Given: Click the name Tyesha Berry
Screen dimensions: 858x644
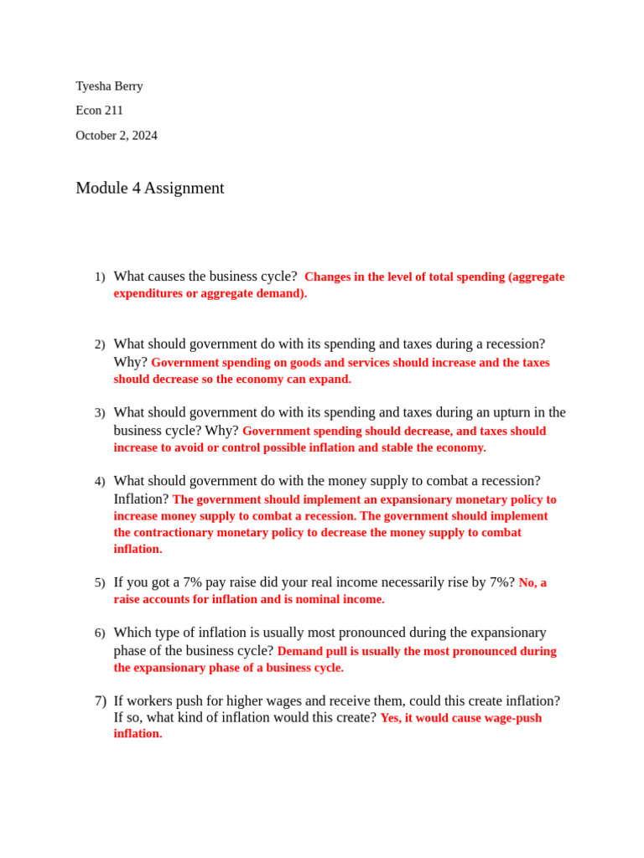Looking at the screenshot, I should (x=109, y=85).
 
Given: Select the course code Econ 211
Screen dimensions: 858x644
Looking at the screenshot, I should (x=99, y=110).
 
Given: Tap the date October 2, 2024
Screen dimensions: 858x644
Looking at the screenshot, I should (x=117, y=135).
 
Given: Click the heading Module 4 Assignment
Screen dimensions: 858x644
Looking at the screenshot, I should (x=150, y=188).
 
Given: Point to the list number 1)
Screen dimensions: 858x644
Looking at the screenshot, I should (x=100, y=277).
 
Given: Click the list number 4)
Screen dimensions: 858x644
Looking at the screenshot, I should (x=100, y=481).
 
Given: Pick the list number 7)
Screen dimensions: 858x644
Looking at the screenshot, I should (x=101, y=700).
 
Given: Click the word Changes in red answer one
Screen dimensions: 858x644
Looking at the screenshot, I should (x=328, y=277).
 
